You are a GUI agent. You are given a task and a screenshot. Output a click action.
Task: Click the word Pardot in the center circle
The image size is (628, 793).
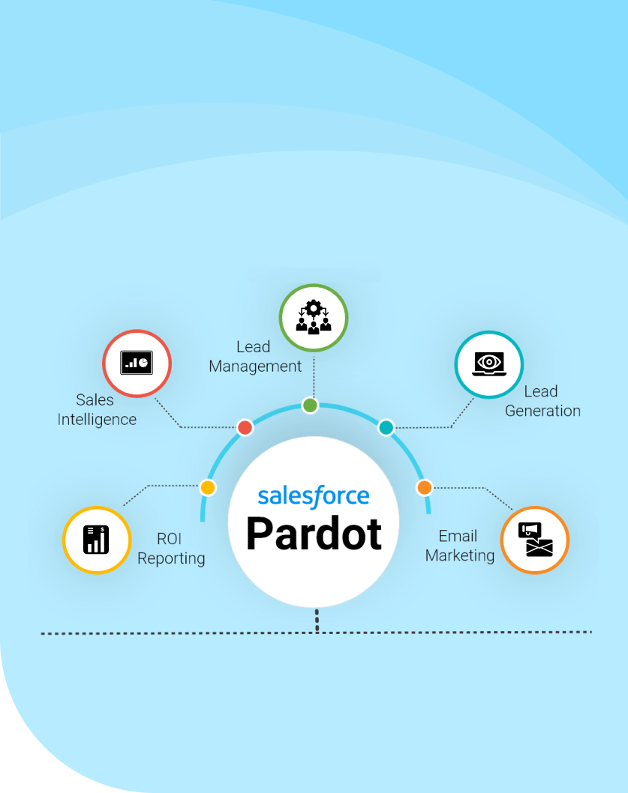click(x=314, y=533)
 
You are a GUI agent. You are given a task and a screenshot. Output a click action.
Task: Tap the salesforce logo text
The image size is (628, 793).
click(x=314, y=495)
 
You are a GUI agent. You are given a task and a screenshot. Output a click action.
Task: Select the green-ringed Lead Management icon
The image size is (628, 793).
click(x=313, y=318)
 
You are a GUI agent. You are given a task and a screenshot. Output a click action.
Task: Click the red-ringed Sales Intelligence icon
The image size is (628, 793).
click(x=137, y=364)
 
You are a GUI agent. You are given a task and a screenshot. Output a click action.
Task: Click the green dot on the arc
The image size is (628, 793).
click(x=310, y=405)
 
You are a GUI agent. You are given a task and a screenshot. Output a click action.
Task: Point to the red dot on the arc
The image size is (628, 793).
click(x=245, y=427)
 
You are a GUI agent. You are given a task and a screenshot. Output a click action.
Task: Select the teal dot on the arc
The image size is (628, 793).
click(x=386, y=427)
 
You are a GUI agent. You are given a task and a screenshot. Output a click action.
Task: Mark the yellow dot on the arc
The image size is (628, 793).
click(x=208, y=487)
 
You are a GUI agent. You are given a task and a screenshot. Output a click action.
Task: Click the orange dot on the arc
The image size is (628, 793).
click(x=424, y=487)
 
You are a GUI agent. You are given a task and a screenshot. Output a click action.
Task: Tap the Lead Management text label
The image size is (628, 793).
click(x=255, y=357)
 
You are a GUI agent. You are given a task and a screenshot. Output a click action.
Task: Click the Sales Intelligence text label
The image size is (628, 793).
click(x=97, y=410)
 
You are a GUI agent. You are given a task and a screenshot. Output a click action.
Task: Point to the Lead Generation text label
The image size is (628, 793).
click(x=542, y=401)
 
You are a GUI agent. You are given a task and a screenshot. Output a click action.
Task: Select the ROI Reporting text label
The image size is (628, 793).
click(x=171, y=549)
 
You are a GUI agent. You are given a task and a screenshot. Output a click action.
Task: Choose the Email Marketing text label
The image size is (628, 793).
click(x=460, y=546)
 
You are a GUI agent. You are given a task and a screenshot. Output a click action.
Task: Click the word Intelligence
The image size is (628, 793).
click(x=97, y=420)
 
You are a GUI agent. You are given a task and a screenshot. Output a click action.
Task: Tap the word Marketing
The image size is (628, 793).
click(x=460, y=555)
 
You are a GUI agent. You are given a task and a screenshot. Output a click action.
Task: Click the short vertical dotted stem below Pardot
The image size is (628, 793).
click(x=317, y=621)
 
